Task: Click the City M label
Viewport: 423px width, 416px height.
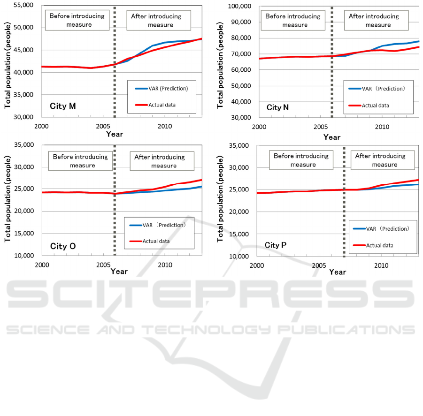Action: click(x=63, y=106)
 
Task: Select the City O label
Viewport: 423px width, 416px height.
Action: click(x=63, y=246)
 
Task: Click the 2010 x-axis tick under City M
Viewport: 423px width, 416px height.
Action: click(x=164, y=126)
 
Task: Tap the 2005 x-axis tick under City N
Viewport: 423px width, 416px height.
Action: click(x=321, y=127)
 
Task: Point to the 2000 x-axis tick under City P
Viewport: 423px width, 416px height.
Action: click(x=257, y=266)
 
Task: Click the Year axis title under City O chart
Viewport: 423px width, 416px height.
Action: click(x=119, y=272)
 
